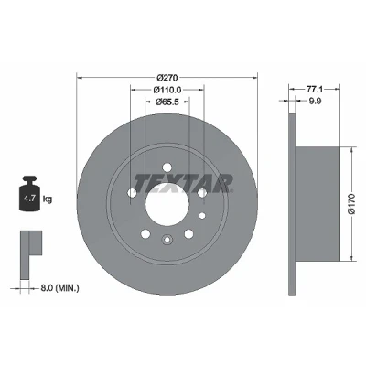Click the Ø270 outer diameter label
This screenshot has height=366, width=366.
coord(167,78)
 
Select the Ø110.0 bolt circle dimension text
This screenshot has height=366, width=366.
coord(167,90)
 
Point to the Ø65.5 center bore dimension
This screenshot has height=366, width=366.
coord(167,102)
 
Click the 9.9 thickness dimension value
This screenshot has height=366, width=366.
coord(315,101)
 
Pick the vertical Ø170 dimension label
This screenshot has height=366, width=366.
coord(352,204)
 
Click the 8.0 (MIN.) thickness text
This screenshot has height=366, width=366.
coord(59,287)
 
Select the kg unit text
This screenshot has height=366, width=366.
coord(48,199)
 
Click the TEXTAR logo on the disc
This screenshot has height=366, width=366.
coord(184,184)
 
